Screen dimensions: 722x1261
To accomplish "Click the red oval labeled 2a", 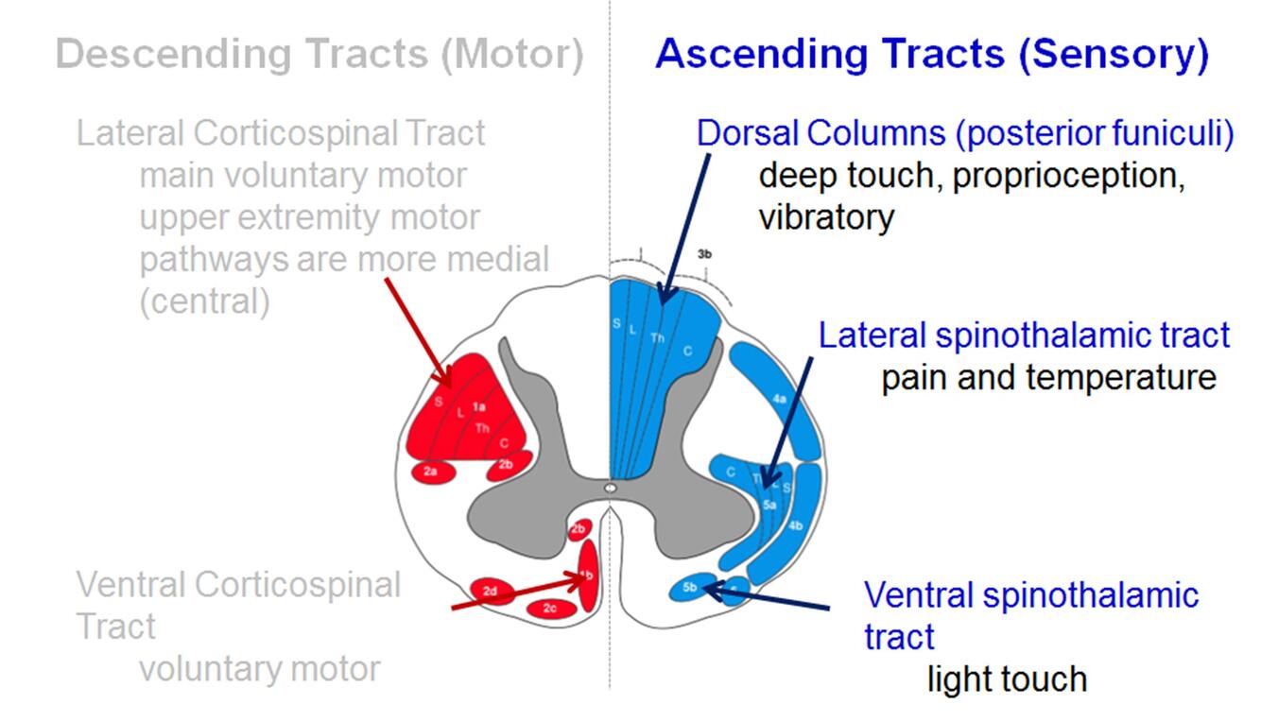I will (431, 470).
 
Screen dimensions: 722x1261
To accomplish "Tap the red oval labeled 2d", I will (491, 592).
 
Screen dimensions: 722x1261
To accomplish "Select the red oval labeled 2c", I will (550, 609).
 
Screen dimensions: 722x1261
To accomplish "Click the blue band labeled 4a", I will (779, 400).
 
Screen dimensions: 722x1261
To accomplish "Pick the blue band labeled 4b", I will (796, 525).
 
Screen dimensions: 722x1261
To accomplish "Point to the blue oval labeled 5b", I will (690, 587).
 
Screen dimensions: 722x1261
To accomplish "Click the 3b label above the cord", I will (704, 254).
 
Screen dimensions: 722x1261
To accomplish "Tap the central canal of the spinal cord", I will (610, 488).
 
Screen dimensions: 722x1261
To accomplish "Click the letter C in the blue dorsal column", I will (688, 352).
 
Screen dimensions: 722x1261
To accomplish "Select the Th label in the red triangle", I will (483, 428).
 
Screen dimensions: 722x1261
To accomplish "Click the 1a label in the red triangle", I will (479, 406).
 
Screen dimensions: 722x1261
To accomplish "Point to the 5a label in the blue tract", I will (769, 506).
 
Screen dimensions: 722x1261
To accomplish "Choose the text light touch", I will (1006, 679).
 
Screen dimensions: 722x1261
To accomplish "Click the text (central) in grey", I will (204, 301).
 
